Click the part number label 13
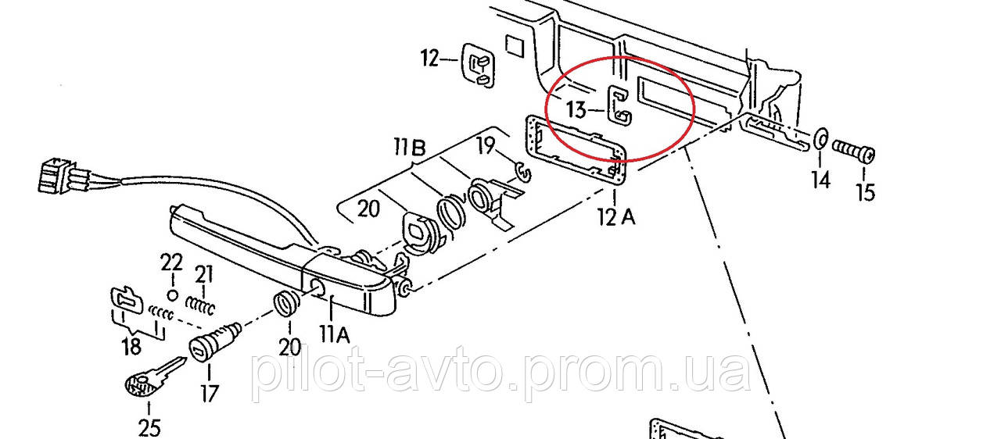576,109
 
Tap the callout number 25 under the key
149,429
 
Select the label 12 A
616,217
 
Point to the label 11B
410,148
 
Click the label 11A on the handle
334,334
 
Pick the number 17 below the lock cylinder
209,394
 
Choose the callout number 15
865,193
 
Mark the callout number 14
821,180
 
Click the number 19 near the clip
486,145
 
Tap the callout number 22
171,262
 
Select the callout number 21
204,275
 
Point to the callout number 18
131,347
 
